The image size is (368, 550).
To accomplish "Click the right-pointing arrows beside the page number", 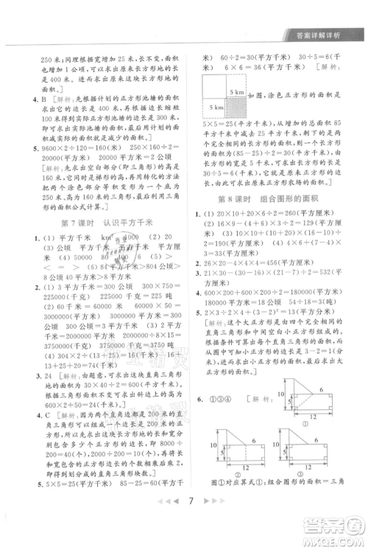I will pyautogui.click(x=210, y=523).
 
